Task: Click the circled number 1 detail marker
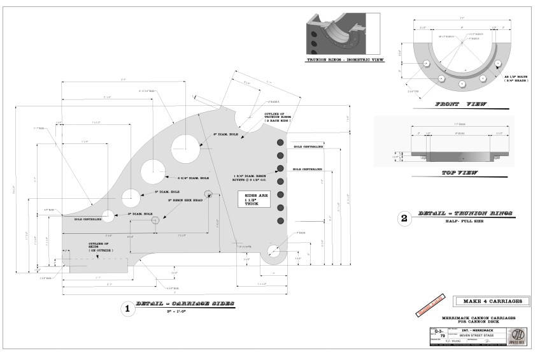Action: [127, 309]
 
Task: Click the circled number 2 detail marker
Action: [403, 219]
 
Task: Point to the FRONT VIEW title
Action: [460, 104]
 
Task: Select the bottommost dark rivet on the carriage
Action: [280, 220]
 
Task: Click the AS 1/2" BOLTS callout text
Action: [509, 77]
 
